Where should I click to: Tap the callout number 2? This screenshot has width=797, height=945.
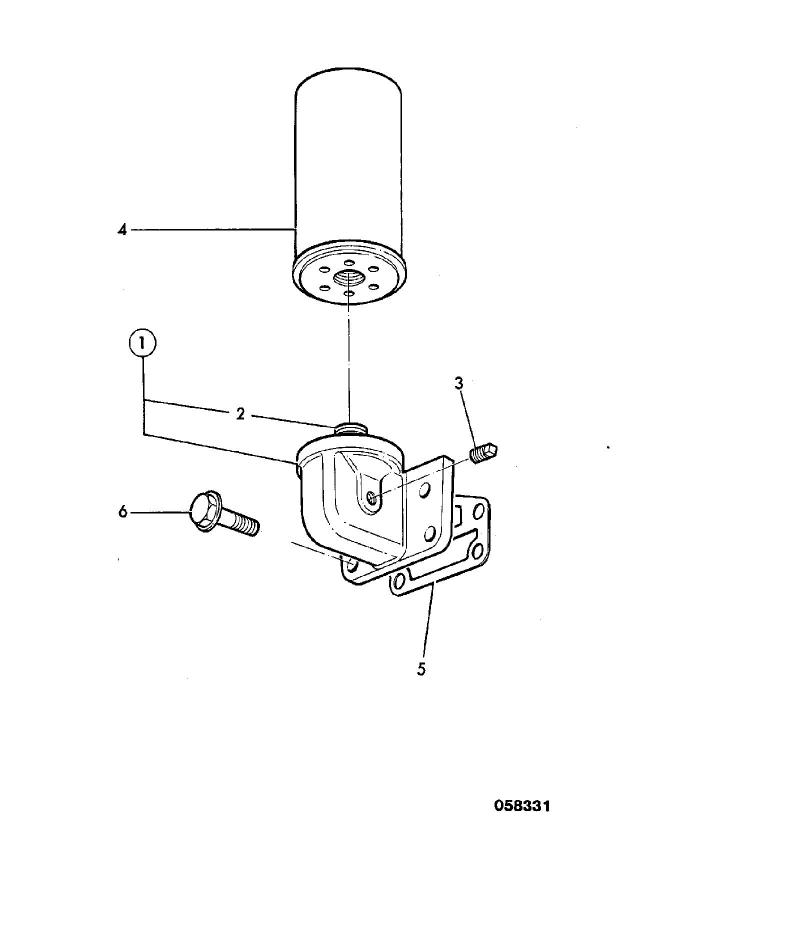240,413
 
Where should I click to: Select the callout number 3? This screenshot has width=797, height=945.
459,383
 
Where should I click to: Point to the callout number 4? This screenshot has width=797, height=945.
122,230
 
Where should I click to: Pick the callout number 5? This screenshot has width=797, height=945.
421,669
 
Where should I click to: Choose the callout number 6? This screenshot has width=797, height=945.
122,512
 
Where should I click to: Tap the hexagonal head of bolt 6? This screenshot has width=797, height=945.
205,512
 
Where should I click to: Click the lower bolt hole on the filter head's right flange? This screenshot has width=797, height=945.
428,534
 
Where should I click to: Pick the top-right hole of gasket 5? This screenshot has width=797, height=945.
478,511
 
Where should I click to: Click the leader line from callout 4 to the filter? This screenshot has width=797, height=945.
212,230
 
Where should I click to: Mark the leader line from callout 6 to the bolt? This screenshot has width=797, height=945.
161,512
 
